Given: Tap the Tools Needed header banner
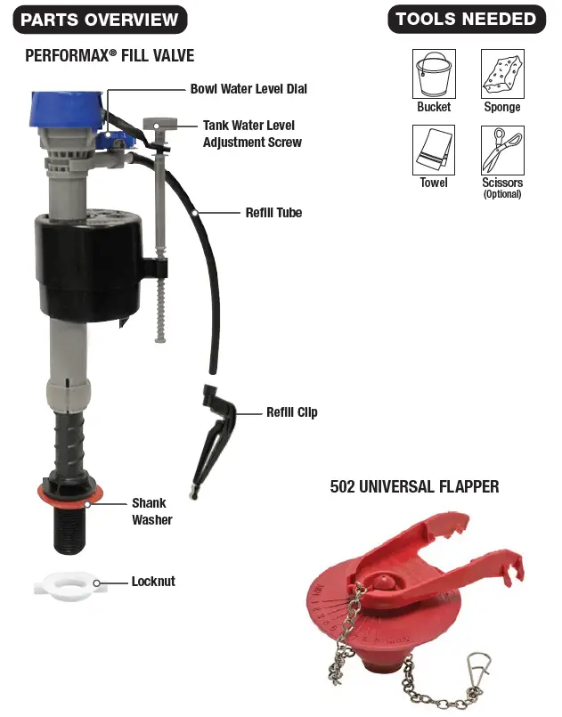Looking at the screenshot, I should click(466, 19).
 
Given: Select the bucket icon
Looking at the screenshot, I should click(434, 74).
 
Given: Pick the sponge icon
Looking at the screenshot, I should click(502, 74).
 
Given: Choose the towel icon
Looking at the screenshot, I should click(434, 150).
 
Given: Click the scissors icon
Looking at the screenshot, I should click(502, 150).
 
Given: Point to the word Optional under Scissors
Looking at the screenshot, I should click(502, 194).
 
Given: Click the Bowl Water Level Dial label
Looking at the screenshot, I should click(248, 89).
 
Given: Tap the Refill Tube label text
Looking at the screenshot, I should click(273, 213).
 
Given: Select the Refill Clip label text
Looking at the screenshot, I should click(291, 412).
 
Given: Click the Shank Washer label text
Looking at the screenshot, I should click(151, 511).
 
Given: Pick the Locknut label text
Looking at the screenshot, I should click(153, 582).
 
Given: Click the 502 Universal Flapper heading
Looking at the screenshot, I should click(414, 486).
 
